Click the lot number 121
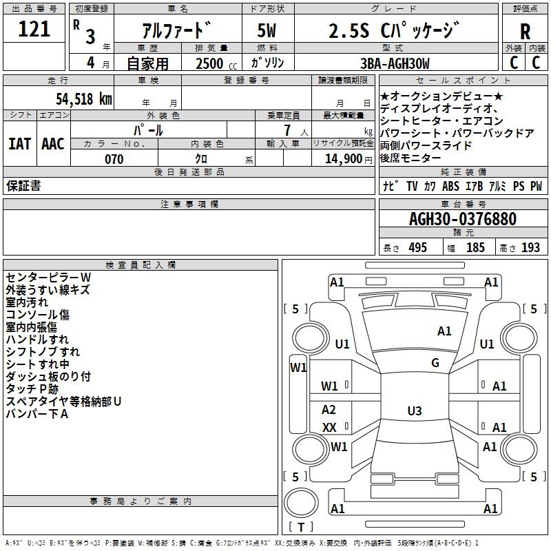34,29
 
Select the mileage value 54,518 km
84,99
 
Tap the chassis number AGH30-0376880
463,218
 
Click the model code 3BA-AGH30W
395,63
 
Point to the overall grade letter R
525,32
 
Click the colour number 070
114,159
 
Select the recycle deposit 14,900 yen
349,159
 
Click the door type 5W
267,30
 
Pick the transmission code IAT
20,144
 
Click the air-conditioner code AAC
53,144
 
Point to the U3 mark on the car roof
415,410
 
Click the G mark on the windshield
435,363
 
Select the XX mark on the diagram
330,427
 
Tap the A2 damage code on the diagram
329,409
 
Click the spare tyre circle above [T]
301,503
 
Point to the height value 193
530,248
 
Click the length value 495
418,248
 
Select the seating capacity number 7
287,130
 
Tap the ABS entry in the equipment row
450,186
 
